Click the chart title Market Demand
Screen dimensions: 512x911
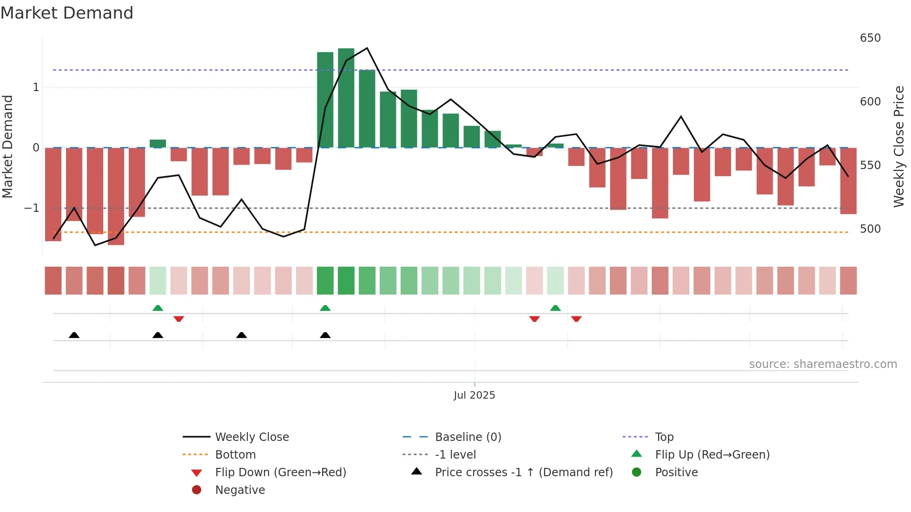click(67, 13)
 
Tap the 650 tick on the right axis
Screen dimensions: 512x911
click(870, 38)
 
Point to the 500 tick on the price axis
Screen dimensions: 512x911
click(870, 229)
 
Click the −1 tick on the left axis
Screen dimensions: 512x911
click(32, 208)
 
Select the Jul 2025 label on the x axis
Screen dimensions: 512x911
click(474, 395)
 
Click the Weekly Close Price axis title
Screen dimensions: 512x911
click(899, 146)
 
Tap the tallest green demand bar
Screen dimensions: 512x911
click(346, 98)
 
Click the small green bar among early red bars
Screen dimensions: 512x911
click(158, 144)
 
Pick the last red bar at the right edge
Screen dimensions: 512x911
click(848, 181)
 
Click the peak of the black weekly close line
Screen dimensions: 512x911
click(367, 48)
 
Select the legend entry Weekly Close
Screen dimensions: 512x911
click(251, 437)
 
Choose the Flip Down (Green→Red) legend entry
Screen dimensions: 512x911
click(280, 473)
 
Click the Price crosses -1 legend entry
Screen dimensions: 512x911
click(523, 473)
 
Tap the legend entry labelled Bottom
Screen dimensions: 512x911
click(235, 455)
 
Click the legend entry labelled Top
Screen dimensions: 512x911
click(664, 437)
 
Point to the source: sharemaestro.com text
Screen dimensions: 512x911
click(823, 364)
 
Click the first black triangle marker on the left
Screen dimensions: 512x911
click(74, 335)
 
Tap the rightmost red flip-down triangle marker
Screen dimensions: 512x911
click(576, 319)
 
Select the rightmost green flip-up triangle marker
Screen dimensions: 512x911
click(555, 308)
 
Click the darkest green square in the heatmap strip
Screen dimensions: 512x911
click(346, 281)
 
